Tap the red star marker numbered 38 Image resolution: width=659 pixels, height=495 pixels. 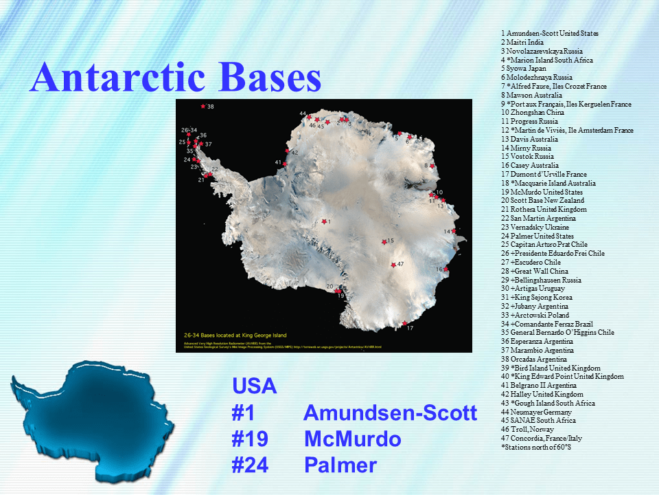pyautogui.click(x=203, y=107)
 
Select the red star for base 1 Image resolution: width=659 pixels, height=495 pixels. pyautogui.click(x=324, y=221)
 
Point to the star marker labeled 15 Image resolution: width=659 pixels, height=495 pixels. pyautogui.click(x=384, y=242)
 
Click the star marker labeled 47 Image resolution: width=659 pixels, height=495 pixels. pyautogui.click(x=393, y=265)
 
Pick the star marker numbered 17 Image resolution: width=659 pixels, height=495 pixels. pyautogui.click(x=404, y=323)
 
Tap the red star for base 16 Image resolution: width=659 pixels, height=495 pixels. pyautogui.click(x=447, y=269)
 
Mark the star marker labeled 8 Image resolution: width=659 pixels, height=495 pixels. pyautogui.click(x=432, y=166)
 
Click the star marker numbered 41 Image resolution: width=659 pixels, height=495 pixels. pyautogui.click(x=286, y=163)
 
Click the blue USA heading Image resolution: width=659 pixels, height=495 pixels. pyautogui.click(x=254, y=386)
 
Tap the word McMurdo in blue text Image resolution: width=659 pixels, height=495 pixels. pyautogui.click(x=352, y=439)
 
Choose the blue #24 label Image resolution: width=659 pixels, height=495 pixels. pyautogui.click(x=250, y=465)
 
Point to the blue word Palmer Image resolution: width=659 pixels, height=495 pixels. pyautogui.click(x=340, y=465)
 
